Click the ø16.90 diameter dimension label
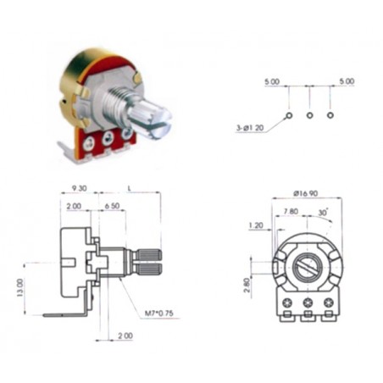[306, 193]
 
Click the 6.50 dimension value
[112, 206]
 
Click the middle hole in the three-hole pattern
[309, 114]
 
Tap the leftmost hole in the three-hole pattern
[289, 114]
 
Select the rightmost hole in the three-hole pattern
[330, 114]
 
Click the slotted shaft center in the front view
[307, 270]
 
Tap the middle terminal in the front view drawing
[307, 303]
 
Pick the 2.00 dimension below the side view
[124, 336]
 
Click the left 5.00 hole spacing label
[272, 81]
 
